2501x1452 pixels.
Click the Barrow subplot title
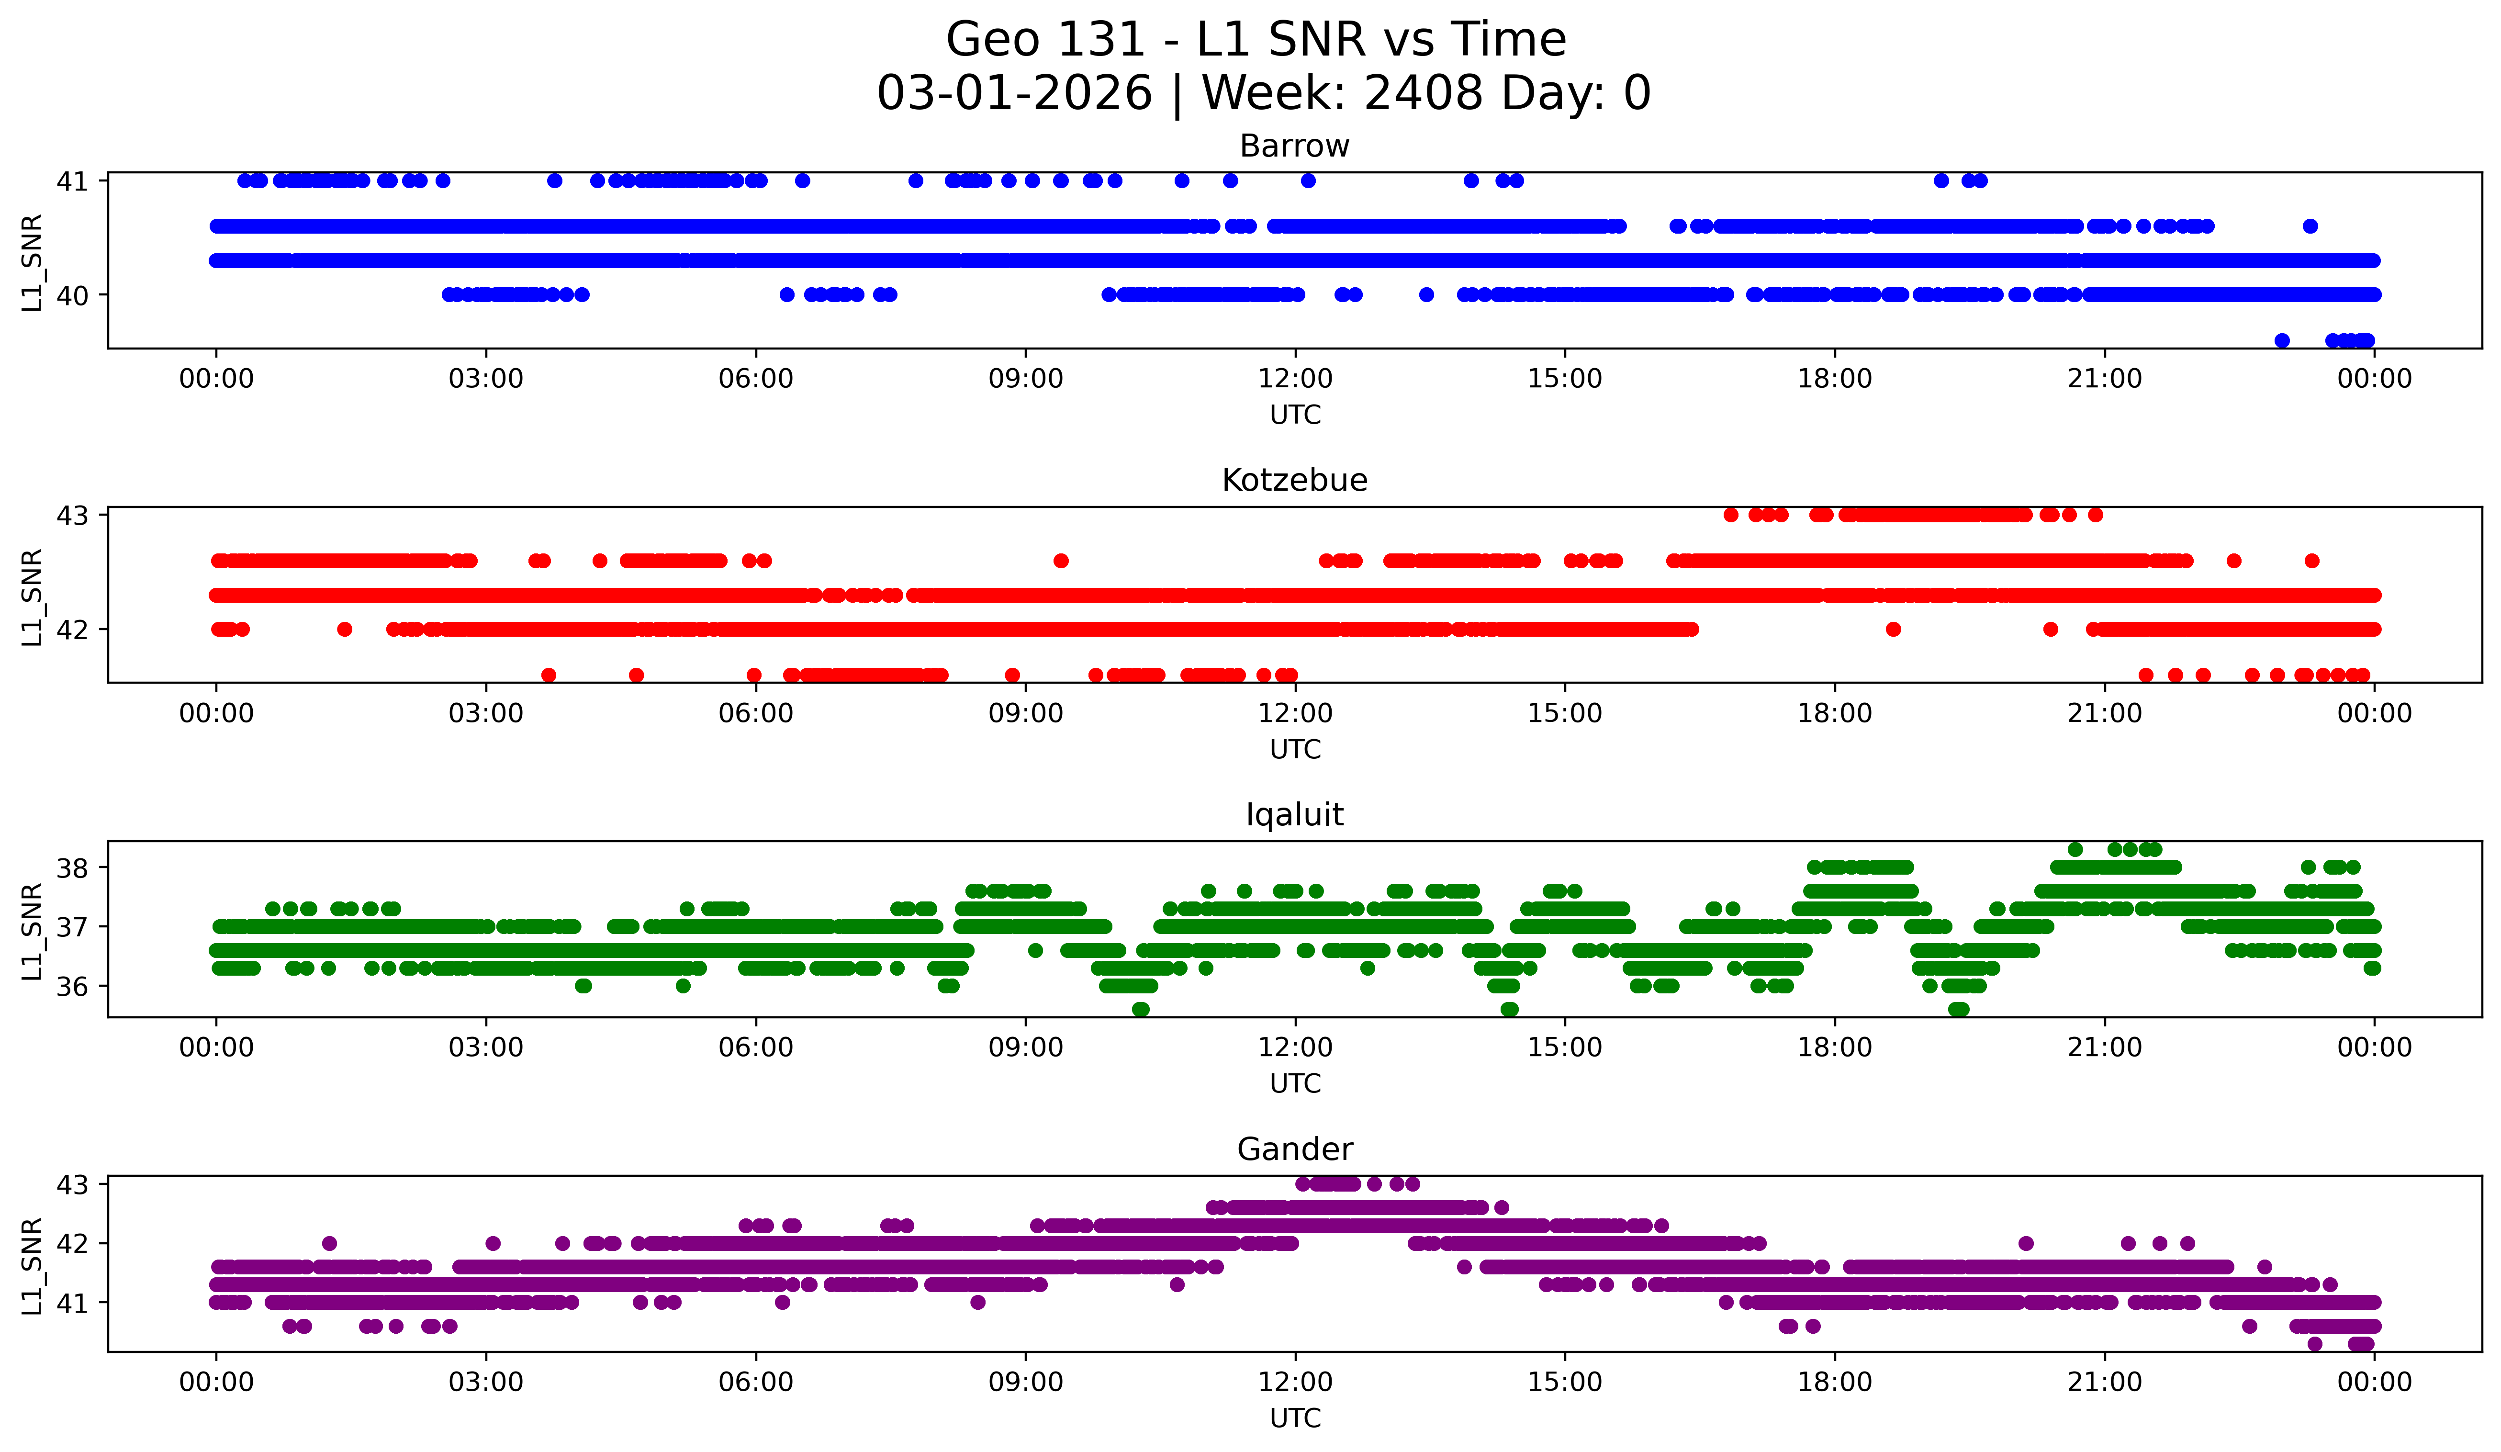1294,146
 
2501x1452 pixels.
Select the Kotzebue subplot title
1294,480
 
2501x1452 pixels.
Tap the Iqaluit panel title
1294,815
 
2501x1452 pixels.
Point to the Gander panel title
1294,1149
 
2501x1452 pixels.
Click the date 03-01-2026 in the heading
1014,93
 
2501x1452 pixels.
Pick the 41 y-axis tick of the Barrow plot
71,180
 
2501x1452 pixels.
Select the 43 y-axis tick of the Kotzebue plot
71,515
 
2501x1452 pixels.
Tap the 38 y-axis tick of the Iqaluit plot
71,867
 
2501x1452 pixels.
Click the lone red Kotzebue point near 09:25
1061,561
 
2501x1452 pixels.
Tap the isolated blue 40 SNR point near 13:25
1426,295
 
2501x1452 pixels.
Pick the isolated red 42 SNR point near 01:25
344,629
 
